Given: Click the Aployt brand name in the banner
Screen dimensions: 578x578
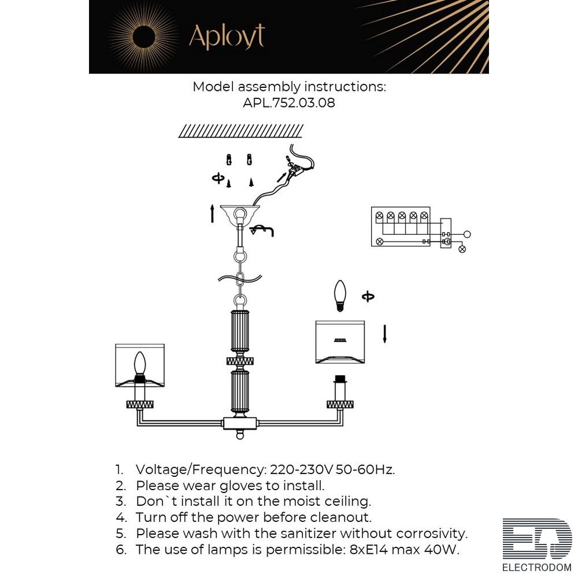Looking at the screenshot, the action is [x=227, y=36].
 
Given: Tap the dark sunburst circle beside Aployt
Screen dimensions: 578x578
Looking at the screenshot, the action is [x=144, y=36].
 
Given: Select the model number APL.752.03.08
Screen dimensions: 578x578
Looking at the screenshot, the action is [x=289, y=102].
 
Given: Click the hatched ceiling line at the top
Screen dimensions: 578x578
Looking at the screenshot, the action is [x=240, y=131].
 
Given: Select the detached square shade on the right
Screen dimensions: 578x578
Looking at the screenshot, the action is [x=340, y=342].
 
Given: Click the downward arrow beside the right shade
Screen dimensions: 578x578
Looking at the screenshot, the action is [x=384, y=334].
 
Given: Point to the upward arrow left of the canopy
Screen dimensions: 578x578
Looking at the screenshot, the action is [x=212, y=214].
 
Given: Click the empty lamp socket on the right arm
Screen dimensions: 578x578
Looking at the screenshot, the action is [x=340, y=388].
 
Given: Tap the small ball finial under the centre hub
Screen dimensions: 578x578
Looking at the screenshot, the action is [x=240, y=436].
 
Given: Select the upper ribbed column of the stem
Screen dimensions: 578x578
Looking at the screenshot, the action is [x=240, y=331].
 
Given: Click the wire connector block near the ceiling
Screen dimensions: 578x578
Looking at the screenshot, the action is [x=295, y=168].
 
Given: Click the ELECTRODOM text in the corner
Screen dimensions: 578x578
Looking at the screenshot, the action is [x=537, y=568].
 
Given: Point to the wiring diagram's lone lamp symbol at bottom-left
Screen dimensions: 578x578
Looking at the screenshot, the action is [x=379, y=242].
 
